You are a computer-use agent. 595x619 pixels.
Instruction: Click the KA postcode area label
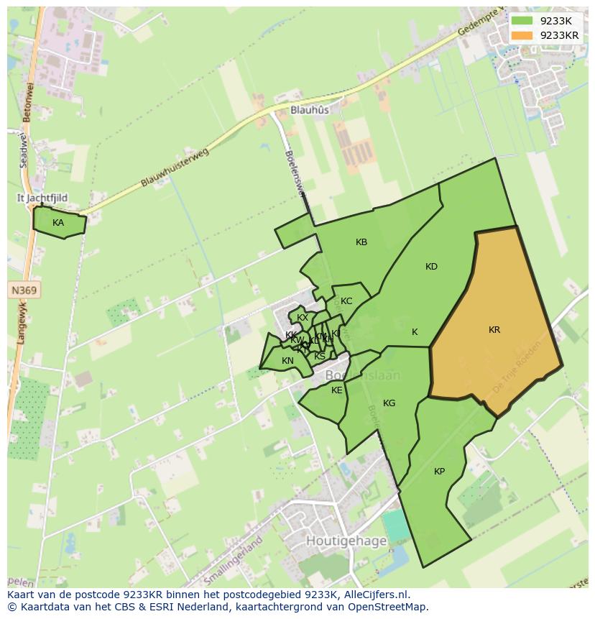pos(58,223)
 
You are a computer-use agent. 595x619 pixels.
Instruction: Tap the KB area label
pos(361,242)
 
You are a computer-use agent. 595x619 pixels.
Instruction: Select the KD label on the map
pos(431,267)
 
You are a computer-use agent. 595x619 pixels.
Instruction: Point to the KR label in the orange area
pos(494,330)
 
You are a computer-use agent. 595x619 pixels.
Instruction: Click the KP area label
pos(439,472)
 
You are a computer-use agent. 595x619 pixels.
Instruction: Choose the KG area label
pos(389,403)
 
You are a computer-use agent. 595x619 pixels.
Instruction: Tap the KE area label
pos(337,390)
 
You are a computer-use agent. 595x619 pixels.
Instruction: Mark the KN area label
pos(287,361)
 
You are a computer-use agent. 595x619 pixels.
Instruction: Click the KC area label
pos(346,301)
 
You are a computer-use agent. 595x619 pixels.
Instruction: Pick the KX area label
pos(303,318)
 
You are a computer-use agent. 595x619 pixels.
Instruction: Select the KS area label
pos(320,356)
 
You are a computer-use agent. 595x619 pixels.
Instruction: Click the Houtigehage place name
pos(346,541)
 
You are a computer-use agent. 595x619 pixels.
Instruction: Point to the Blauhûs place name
pos(310,110)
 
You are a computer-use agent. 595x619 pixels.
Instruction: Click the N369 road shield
pos(24,290)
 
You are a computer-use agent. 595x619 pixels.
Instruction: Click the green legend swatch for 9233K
pos(522,21)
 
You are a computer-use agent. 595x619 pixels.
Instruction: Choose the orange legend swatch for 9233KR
pos(522,35)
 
